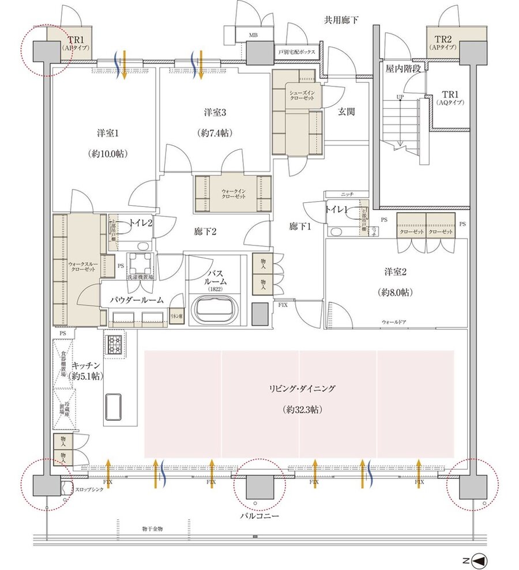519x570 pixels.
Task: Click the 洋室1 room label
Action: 108,134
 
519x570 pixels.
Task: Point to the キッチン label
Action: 87,366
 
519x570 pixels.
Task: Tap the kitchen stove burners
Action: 114,345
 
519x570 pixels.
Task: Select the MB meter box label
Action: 253,35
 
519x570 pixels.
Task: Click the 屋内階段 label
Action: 406,68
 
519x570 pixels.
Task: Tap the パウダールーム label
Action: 137,300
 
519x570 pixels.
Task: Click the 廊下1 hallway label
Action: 300,227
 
